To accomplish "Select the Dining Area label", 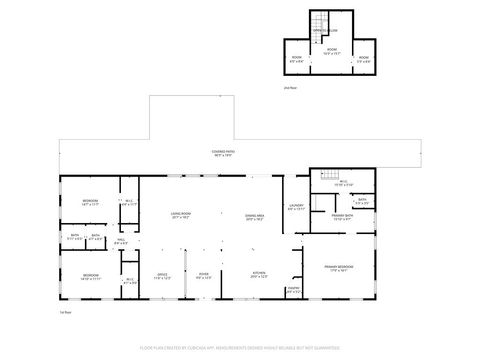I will (x=255, y=217).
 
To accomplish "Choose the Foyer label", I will (x=203, y=275).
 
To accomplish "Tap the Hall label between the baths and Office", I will (x=120, y=241).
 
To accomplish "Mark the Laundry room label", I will (x=296, y=207).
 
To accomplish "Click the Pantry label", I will (x=293, y=290).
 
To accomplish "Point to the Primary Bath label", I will (x=342, y=218).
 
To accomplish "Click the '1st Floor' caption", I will (x=63, y=312).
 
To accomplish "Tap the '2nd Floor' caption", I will (x=289, y=89).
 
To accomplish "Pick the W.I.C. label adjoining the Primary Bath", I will (x=343, y=184).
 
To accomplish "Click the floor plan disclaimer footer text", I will (x=240, y=349).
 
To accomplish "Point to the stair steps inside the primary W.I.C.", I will (x=320, y=203).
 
